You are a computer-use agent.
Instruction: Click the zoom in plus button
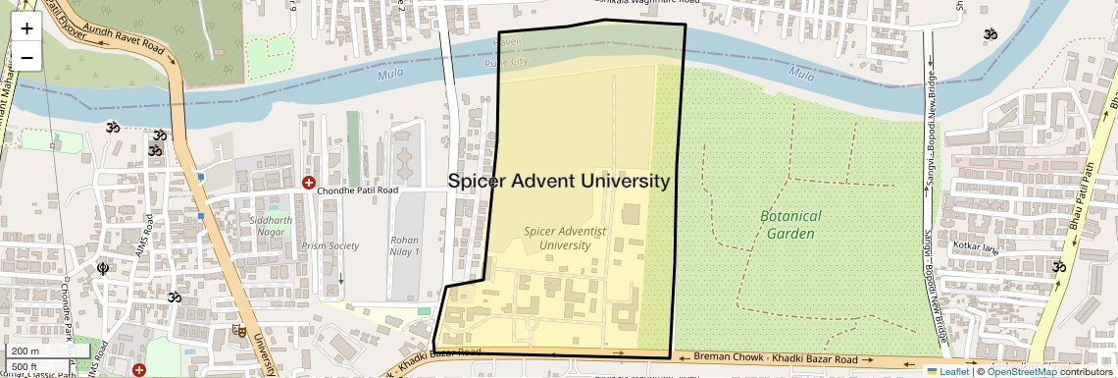point(26,27)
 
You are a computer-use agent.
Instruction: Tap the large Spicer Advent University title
point(559,181)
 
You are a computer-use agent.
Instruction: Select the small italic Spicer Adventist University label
point(565,238)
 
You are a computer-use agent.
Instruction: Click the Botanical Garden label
point(790,225)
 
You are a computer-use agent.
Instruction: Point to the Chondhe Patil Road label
point(360,189)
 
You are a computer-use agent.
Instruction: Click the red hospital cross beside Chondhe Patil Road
point(309,183)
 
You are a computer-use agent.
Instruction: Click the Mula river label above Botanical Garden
point(802,74)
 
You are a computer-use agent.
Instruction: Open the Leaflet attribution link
point(947,371)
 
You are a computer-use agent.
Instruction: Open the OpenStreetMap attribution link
point(1021,371)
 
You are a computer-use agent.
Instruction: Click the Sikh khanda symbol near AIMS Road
point(101,267)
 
